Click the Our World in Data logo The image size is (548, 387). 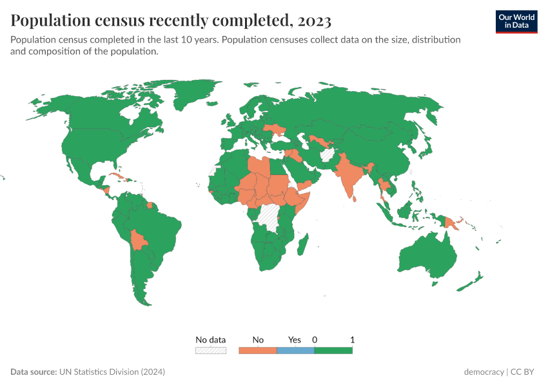[516, 21]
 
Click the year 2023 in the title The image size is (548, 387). [315, 21]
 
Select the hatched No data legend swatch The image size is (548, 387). [211, 350]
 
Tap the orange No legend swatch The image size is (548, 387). [257, 350]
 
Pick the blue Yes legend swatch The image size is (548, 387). [295, 350]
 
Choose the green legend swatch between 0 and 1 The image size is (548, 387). [333, 350]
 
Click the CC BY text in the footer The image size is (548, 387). [524, 372]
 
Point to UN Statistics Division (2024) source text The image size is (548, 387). [112, 372]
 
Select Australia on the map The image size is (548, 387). [426, 258]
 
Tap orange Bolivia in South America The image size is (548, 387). [138, 240]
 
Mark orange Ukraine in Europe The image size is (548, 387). [279, 130]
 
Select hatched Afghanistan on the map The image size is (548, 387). [328, 155]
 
